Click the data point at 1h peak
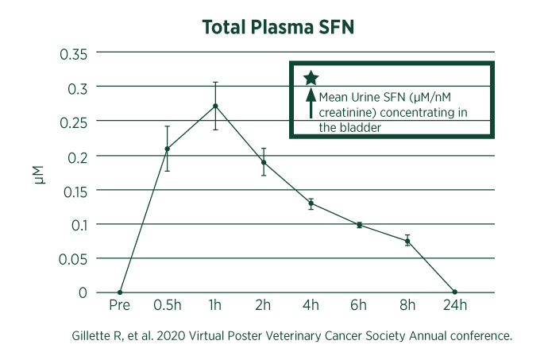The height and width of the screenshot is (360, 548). tap(215, 106)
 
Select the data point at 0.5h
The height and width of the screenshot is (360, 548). tap(167, 149)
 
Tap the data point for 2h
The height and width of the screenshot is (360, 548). tap(263, 162)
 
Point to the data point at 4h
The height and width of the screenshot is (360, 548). tap(311, 203)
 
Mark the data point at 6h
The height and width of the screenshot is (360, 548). tap(359, 225)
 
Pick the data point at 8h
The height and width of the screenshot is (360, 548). tap(407, 241)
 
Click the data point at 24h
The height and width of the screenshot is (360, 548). tap(454, 292)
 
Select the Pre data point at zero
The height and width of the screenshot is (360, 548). tap(119, 292)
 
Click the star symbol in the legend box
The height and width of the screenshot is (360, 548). tap(311, 78)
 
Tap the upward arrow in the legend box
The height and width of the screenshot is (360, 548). tap(311, 103)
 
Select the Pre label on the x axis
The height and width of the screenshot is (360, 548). tap(119, 306)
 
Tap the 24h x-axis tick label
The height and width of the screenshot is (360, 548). tap(454, 306)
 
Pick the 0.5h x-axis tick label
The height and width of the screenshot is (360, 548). tap(167, 306)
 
